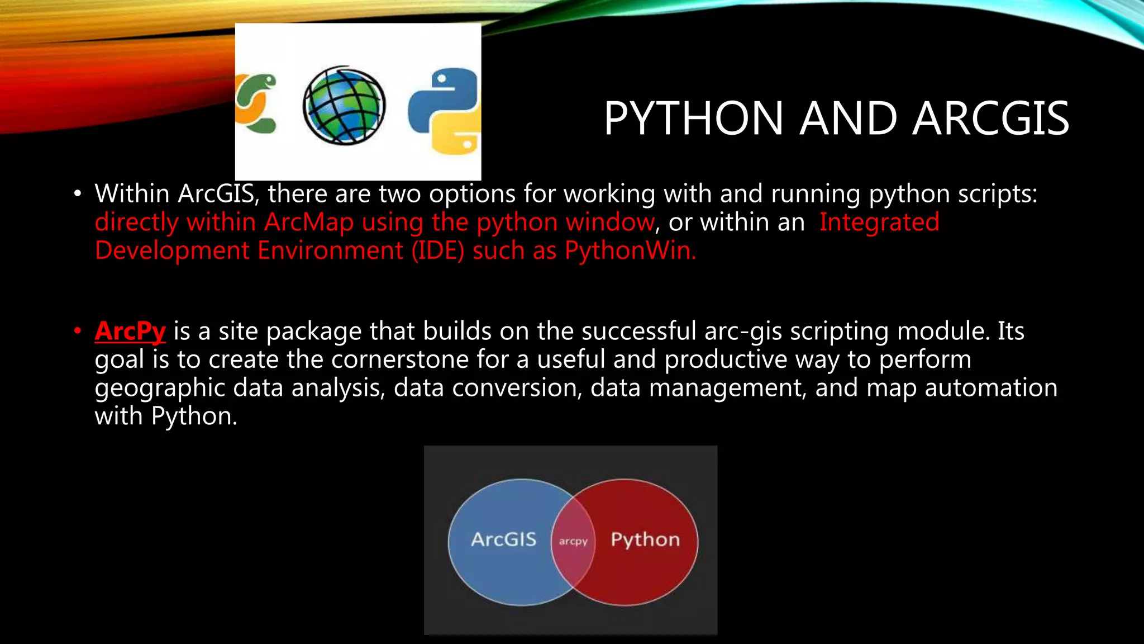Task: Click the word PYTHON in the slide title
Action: pos(693,119)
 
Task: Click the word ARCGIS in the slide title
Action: pos(991,119)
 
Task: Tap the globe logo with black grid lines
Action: pos(344,106)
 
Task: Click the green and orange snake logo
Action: pos(256,104)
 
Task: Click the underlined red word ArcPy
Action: pos(130,331)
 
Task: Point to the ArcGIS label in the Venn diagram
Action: pos(503,539)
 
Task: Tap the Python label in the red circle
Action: pos(645,539)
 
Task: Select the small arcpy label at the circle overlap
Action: pos(573,541)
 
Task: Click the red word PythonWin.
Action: pos(630,250)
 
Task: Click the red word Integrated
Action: pos(879,222)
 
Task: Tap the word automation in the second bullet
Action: pos(991,388)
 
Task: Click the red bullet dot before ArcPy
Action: pos(78,331)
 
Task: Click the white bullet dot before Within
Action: pos(78,194)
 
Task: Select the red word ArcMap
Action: pos(309,222)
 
